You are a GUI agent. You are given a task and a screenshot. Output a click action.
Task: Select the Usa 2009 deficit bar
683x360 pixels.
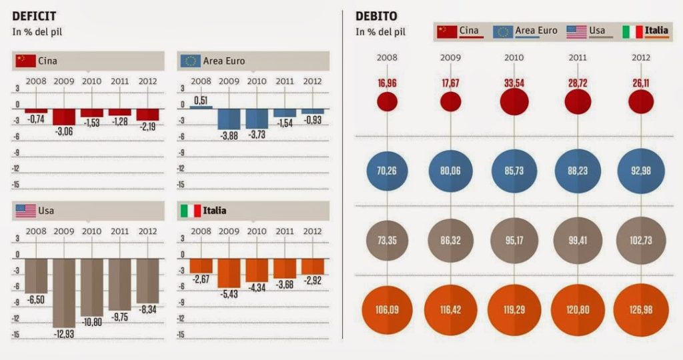(64, 292)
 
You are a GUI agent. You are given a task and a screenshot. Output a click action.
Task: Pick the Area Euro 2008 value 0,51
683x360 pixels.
(200, 101)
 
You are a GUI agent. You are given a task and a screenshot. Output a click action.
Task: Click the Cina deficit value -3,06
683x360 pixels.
(64, 131)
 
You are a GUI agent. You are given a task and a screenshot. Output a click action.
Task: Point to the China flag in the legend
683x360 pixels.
(447, 31)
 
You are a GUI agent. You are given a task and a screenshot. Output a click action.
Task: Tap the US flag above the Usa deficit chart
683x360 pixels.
(26, 211)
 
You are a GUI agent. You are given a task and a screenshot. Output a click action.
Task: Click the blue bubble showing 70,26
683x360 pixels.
(387, 171)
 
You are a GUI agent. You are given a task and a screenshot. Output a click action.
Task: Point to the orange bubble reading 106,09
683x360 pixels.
(387, 309)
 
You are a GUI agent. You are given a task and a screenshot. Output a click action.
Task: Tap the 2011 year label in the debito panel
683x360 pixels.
(578, 57)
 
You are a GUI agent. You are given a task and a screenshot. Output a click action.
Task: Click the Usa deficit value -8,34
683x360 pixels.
(148, 309)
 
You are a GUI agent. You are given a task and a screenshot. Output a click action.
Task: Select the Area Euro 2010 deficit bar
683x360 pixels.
(257, 119)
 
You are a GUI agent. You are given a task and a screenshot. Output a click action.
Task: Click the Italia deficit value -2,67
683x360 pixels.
(200, 279)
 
